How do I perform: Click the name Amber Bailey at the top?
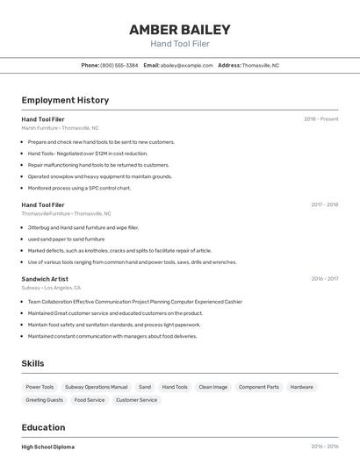coord(179,29)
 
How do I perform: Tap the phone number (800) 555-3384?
coord(119,65)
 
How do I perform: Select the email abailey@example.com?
coord(187,65)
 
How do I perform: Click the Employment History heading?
coord(65,100)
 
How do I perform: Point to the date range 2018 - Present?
coord(320,118)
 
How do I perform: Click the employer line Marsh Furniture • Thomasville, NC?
coord(60,128)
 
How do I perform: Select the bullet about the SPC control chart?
coord(79,188)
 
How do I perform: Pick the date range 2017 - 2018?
coord(324,204)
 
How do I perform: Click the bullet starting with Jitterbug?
coord(83,227)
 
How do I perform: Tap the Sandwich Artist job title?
coord(45,279)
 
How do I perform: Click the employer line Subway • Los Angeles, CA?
coord(51,288)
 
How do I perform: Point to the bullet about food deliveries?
coord(112,336)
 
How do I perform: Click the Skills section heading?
coord(32,363)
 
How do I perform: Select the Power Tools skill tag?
coord(40,387)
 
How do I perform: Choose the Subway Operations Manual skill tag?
coord(96,387)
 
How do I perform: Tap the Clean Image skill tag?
coord(212,387)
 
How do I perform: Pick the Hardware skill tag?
coord(301,387)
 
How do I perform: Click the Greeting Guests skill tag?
coord(44,400)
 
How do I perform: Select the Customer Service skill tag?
coord(136,400)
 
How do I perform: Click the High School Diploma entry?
coord(48,447)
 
